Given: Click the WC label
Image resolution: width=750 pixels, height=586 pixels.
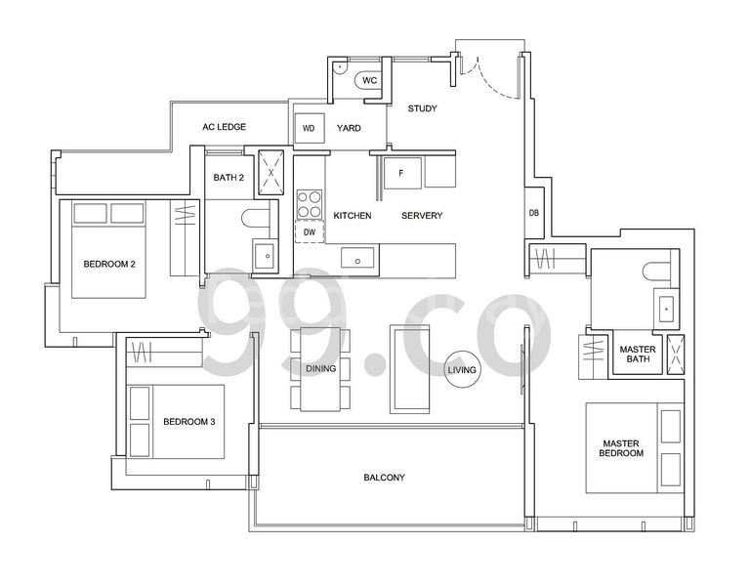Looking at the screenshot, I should tap(370, 81).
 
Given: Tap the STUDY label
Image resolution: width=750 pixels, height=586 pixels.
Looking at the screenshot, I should tap(423, 108).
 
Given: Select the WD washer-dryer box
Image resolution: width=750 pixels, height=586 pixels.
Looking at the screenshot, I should tap(309, 128).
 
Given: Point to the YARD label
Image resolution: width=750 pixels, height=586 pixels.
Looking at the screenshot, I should tap(349, 128).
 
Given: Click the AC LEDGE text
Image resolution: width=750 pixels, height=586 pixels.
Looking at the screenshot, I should tap(224, 127).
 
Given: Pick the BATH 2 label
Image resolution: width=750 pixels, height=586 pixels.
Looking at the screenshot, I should tap(229, 177).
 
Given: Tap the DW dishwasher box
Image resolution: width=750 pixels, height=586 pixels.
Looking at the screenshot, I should tap(310, 232).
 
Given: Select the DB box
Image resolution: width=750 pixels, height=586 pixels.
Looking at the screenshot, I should tap(534, 213).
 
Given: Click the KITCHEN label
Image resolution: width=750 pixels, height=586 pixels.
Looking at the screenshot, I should tap(352, 216).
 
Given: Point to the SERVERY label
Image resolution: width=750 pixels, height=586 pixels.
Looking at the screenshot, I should tap(422, 216).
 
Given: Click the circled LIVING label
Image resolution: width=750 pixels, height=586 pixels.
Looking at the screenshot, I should tap(462, 370).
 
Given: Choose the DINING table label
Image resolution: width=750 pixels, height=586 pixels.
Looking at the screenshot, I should tap(320, 369).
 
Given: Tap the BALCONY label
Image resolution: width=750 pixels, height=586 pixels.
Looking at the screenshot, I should tap(384, 478).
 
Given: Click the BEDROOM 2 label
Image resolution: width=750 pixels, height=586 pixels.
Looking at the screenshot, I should tap(108, 265).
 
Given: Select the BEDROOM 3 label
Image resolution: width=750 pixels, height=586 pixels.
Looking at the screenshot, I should tap(188, 422).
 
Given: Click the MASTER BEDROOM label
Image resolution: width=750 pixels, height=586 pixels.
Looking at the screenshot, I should tap(622, 448).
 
